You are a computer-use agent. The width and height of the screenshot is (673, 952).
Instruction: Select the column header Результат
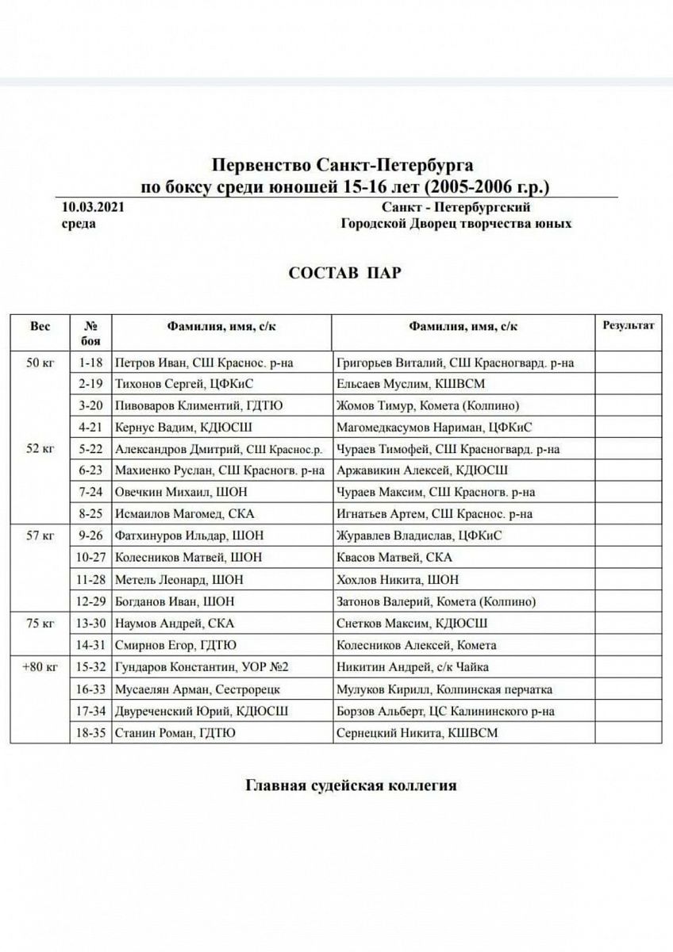tap(629, 325)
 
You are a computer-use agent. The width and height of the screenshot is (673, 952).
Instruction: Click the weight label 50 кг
tap(40, 363)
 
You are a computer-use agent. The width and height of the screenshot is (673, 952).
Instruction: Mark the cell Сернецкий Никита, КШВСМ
tap(417, 732)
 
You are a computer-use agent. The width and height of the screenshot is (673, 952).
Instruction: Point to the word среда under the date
tap(79, 224)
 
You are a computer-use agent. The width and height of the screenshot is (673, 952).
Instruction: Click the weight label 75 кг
tap(40, 623)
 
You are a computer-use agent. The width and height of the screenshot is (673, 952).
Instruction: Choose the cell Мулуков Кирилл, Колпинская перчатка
tap(444, 689)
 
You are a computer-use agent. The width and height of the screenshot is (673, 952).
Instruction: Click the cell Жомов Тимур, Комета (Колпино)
tap(428, 406)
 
